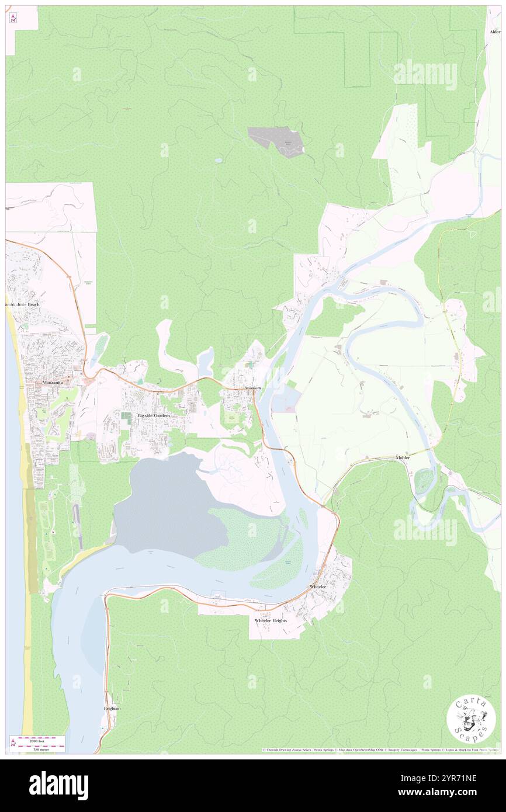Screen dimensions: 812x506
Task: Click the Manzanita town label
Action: [57, 383]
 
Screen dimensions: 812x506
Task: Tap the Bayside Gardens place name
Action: [154, 415]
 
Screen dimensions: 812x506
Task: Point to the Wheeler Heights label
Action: [271, 620]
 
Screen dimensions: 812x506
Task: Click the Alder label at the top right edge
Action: [495, 32]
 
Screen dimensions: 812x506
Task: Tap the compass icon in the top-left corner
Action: [13, 19]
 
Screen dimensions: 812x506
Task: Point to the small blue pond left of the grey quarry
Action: [217, 160]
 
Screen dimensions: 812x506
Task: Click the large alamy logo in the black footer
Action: [58, 785]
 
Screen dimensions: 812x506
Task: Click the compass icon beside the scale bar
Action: [13, 743]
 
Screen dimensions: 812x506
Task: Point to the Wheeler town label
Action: [317, 586]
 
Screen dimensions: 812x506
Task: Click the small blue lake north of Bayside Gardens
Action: [206, 362]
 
